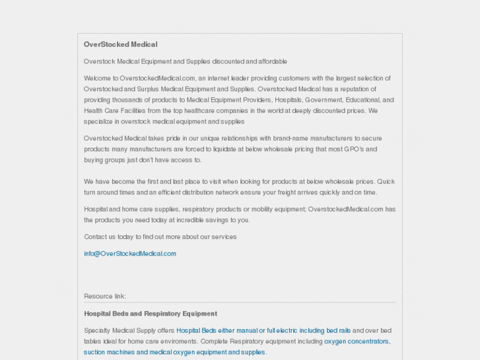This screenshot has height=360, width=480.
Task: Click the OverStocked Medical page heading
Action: [120, 44]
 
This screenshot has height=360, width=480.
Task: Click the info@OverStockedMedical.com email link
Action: [130, 254]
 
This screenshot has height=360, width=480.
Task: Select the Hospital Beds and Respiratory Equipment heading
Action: [151, 314]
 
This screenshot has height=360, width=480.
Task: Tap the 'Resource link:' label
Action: [105, 296]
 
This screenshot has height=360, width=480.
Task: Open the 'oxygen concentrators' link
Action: [357, 342]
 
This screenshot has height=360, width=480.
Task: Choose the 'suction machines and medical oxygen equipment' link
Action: [174, 352]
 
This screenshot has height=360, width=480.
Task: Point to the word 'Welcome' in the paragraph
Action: [97, 79]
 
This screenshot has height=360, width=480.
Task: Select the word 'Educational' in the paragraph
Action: [362, 100]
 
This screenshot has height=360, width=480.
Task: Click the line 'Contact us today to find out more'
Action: [160, 236]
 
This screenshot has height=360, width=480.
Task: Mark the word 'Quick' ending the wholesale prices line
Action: [386, 182]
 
